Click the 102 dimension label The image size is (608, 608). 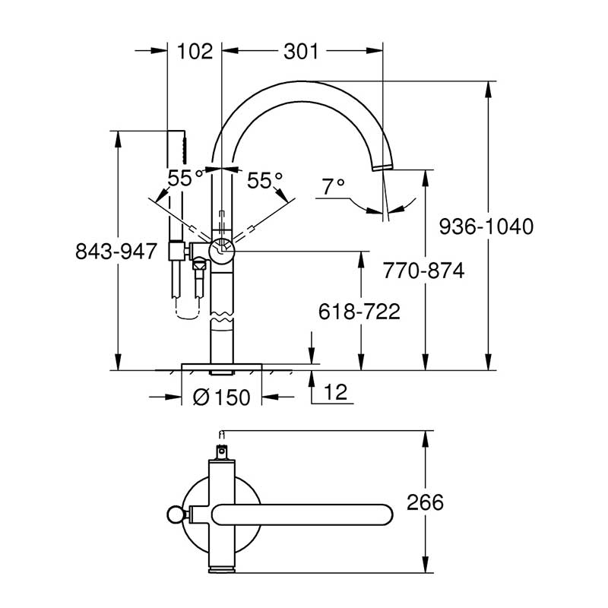tap(195, 51)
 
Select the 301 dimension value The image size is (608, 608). tap(301, 51)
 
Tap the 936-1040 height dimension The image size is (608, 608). tap(486, 226)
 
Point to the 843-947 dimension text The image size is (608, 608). tap(116, 252)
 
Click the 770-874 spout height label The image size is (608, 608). tap(424, 271)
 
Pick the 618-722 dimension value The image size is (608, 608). tap(359, 312)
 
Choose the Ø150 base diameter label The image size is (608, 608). tap(221, 397)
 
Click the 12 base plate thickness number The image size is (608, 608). tap(336, 392)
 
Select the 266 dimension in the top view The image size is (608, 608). tap(425, 502)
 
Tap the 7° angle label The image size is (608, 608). tap(333, 186)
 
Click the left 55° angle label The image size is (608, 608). tap(185, 179)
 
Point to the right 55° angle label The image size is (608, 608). tap(264, 180)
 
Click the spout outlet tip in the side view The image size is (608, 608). tap(383, 167)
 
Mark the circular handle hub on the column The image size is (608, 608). tap(222, 252)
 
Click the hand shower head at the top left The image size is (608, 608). tap(185, 147)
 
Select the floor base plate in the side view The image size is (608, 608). tap(222, 367)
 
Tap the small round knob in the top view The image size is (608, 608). tap(175, 515)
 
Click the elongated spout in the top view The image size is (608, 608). tap(302, 515)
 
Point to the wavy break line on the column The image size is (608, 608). tap(222, 316)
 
